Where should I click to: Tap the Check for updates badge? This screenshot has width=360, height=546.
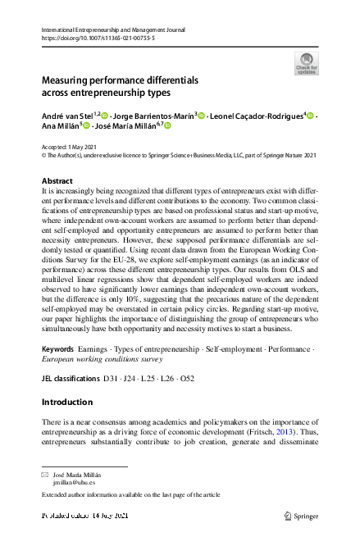(x=306, y=64)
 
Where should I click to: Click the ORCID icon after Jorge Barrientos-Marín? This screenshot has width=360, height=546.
(x=199, y=116)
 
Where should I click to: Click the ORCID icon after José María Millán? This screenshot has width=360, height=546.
(x=167, y=127)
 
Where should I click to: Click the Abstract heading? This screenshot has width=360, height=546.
(x=57, y=180)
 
